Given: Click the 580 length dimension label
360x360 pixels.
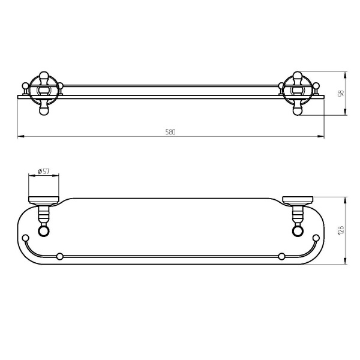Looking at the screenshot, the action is [x=170, y=132].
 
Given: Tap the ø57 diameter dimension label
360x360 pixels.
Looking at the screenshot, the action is [x=44, y=171].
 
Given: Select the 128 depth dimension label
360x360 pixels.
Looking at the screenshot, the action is [x=341, y=230].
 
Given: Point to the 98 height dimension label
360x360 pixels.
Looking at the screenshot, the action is [x=341, y=93].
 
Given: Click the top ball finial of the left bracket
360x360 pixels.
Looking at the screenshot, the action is [x=44, y=75].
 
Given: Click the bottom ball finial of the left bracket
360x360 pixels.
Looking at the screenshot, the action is [x=44, y=112].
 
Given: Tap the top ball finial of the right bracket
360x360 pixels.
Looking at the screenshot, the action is [x=298, y=75].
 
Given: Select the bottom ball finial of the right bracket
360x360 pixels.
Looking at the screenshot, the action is [x=298, y=112].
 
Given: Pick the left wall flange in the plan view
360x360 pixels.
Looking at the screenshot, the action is [x=44, y=200].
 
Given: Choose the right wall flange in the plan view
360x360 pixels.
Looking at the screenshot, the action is [x=298, y=200].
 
